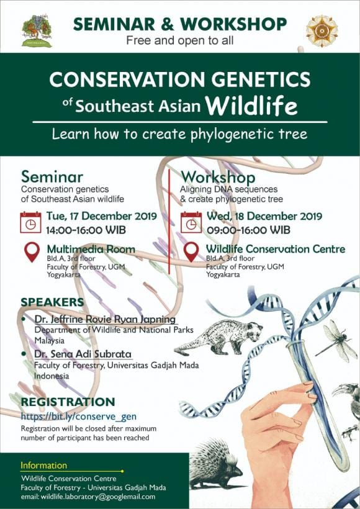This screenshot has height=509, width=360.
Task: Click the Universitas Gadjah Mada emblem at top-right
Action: (322, 30)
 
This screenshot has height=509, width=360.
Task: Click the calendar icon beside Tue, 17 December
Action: (30, 222)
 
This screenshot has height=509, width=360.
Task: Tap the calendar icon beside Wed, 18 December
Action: (191, 222)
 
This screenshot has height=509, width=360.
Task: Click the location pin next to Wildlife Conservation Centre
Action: (192, 251)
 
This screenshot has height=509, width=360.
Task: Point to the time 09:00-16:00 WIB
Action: (248, 230)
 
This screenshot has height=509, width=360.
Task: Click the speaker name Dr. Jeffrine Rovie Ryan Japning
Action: (106, 319)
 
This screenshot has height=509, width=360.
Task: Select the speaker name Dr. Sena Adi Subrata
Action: (83, 354)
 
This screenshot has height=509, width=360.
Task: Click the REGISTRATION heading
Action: (68, 402)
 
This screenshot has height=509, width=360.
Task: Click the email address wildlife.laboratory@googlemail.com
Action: (88, 497)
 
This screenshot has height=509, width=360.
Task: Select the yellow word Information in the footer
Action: (43, 466)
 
